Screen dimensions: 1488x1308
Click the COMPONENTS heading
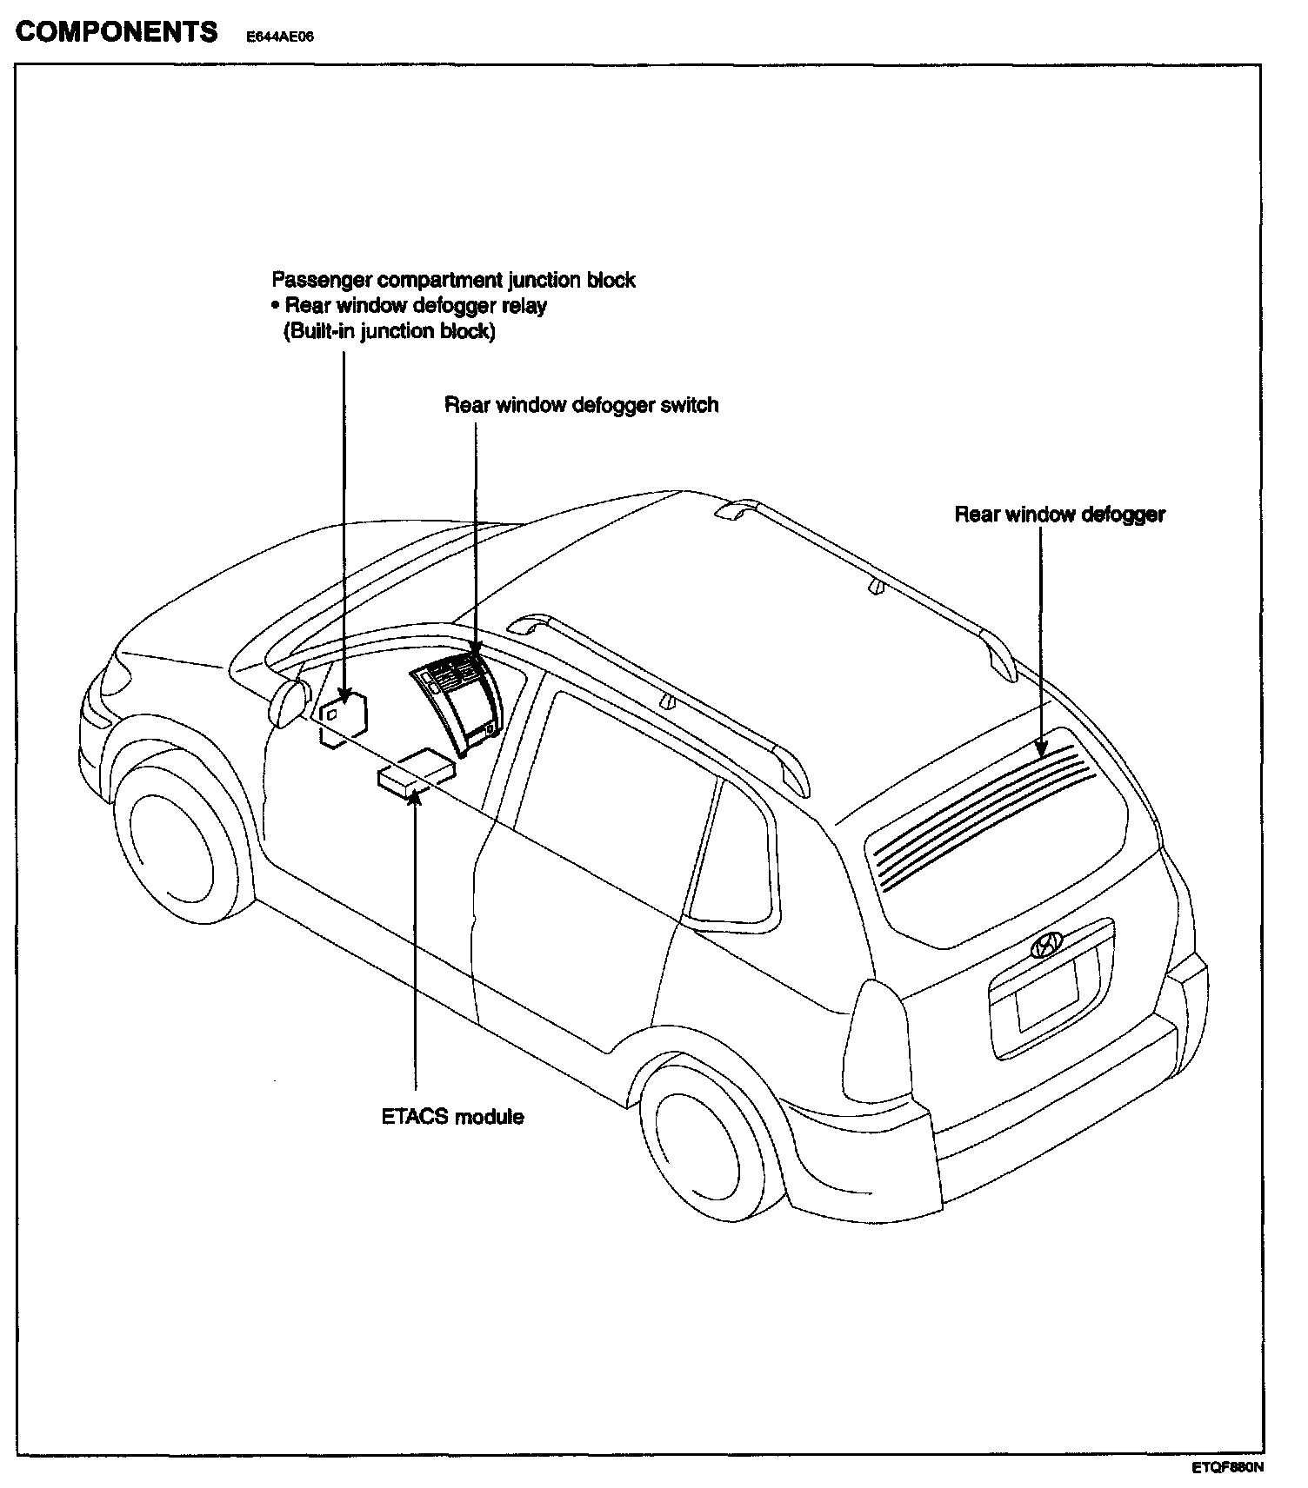pos(117,32)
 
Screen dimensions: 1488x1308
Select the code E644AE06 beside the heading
pos(279,37)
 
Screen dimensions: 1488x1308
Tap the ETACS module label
pos(452,1116)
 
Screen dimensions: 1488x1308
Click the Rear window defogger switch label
pos(581,405)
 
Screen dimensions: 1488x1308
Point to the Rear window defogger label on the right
pos(1059,515)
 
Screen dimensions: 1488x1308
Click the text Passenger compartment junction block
pos(453,280)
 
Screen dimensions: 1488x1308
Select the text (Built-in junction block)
pos(390,331)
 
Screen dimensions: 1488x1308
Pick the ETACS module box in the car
pos(416,772)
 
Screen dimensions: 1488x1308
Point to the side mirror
pos(290,702)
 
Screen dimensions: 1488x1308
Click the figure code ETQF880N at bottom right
pos(1226,1468)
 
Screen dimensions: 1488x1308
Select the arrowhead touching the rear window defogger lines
pos(1041,749)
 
